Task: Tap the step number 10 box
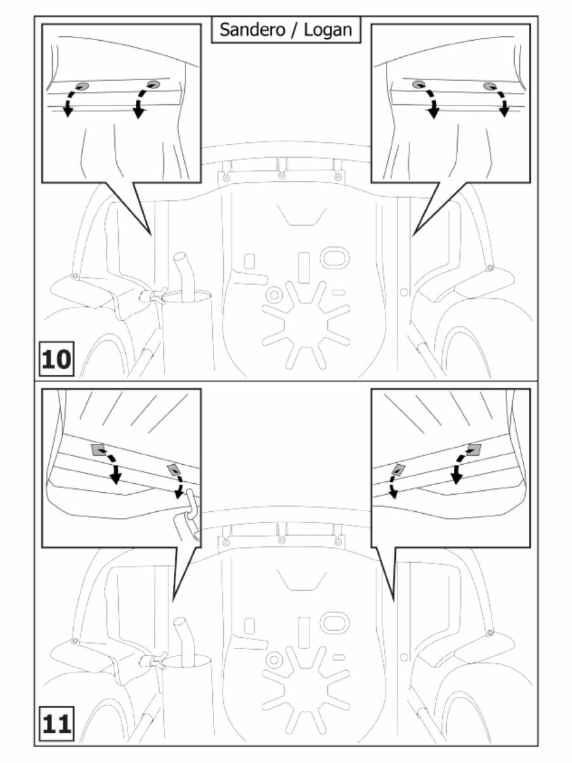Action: point(57,359)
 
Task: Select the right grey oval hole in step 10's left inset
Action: point(153,84)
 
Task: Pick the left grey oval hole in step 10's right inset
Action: point(418,85)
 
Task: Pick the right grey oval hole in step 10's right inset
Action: point(488,86)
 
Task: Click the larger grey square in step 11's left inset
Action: point(98,450)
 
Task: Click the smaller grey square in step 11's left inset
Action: point(173,471)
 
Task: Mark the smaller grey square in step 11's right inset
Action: point(398,469)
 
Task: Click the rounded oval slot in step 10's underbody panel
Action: point(335,258)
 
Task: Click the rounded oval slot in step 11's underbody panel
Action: point(335,622)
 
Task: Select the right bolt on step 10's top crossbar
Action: point(337,177)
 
